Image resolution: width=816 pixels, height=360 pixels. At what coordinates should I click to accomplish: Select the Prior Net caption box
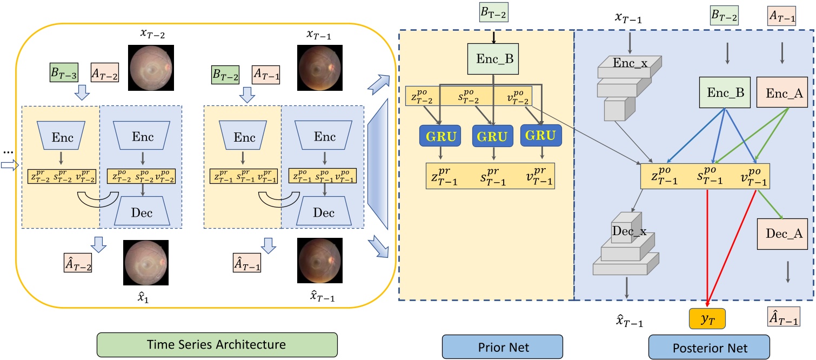[502, 344]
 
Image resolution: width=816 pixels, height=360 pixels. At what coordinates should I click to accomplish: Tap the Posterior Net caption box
[708, 344]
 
